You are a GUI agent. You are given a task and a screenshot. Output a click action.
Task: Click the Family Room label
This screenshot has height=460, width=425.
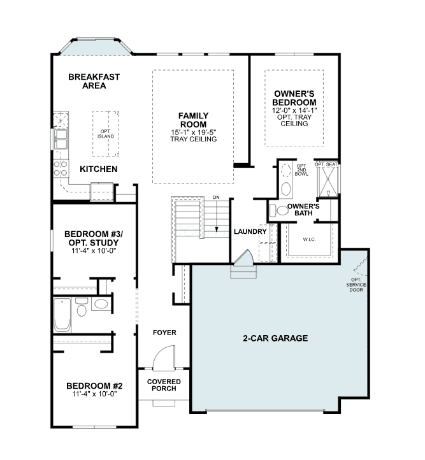pos(193,120)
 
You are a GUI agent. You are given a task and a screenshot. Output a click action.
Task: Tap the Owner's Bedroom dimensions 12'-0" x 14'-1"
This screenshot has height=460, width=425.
pos(294,111)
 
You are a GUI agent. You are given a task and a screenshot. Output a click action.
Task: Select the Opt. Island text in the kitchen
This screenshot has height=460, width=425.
pos(106,134)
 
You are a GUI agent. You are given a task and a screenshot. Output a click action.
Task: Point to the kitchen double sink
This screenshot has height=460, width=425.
pos(61,139)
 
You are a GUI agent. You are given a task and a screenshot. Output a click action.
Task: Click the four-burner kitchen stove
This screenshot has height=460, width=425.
pos(61,168)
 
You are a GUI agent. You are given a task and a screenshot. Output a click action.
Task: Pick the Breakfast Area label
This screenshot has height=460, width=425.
pos(94,82)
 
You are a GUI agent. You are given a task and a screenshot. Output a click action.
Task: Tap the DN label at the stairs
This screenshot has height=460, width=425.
pos(216,198)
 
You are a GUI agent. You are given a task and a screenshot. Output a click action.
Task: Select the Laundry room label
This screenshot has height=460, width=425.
pos(250,231)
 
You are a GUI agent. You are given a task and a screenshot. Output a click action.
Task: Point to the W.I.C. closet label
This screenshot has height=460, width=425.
pos(309,240)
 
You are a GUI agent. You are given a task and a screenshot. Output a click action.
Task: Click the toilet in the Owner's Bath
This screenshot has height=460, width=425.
pos(280,210)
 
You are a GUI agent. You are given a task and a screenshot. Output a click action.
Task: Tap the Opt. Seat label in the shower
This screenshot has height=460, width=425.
pos(326,164)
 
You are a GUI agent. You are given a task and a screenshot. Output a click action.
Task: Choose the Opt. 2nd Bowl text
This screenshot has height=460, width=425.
pos(301,170)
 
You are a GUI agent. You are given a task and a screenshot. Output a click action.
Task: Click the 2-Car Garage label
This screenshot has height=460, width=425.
pos(275,338)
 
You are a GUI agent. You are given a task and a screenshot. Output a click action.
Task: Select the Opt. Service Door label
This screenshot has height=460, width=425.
pos(356,285)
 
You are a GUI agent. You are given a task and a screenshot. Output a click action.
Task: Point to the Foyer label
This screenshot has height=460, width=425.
pos(164,333)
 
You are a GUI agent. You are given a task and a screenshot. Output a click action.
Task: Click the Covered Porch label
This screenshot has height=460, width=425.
pos(164,385)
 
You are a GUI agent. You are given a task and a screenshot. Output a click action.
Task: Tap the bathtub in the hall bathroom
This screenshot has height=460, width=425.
pos(62,315)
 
